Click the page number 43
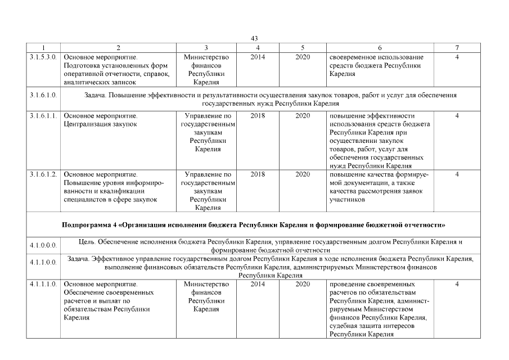coord(254,38)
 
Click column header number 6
coord(380,48)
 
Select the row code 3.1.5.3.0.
coord(43,57)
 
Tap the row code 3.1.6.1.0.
coord(43,96)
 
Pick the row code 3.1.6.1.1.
coord(43,116)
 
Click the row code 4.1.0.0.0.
coord(43,245)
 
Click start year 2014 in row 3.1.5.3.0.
coord(258,57)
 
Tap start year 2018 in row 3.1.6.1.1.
coord(258,116)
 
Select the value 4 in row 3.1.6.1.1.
coord(457,116)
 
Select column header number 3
coord(207,48)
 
